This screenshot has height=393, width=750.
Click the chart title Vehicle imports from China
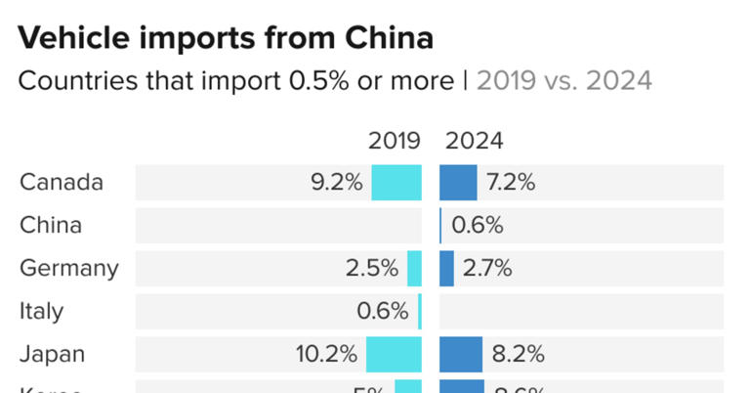(226, 38)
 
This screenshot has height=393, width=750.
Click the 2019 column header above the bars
(394, 141)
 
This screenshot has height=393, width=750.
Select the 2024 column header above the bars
(475, 141)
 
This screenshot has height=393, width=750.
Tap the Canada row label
(62, 183)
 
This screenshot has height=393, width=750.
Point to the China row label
(51, 226)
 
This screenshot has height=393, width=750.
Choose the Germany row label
(69, 269)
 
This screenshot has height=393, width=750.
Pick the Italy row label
(41, 312)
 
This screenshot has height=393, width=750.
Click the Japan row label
(53, 354)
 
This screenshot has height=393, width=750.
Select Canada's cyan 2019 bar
(396, 183)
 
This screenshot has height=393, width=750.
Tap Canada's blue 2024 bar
(458, 183)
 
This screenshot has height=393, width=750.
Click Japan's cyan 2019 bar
(394, 354)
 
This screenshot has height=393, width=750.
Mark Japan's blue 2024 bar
(461, 354)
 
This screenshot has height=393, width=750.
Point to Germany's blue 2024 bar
(446, 269)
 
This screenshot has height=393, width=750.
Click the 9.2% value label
(337, 183)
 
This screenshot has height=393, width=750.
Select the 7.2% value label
(511, 183)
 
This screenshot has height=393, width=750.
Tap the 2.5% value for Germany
(372, 269)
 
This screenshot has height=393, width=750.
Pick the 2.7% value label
(487, 269)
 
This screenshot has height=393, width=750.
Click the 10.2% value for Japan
(327, 354)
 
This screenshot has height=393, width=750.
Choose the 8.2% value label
(517, 354)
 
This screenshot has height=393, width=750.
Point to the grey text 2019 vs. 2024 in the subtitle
(564, 80)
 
